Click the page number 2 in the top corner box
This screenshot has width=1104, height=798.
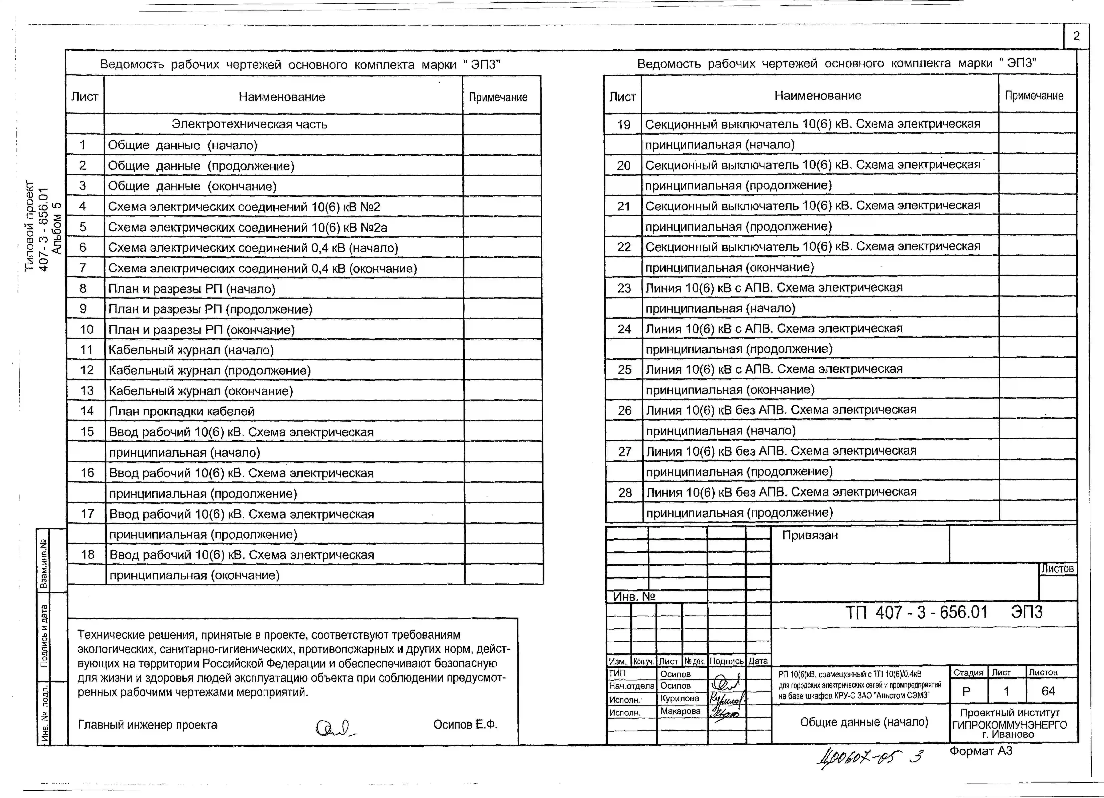1076,36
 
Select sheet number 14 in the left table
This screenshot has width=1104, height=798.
87,411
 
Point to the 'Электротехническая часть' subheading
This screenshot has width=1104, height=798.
249,124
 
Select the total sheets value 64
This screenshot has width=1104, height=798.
1048,691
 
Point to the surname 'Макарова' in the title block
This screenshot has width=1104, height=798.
680,711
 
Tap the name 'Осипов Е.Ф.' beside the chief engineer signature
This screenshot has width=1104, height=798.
465,725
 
